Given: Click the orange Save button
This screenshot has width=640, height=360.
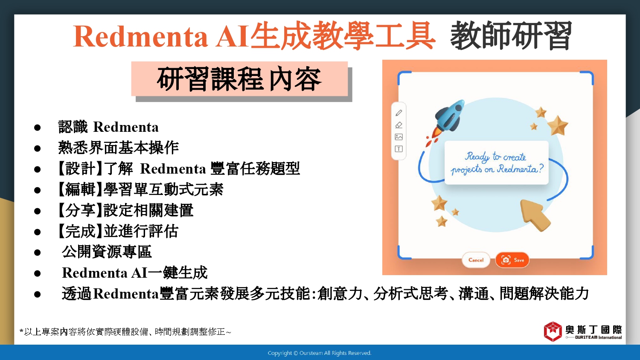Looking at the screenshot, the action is [512, 260].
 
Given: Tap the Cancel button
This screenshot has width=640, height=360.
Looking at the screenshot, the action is [476, 260].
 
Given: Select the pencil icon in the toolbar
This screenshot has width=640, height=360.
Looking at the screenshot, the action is [399, 113].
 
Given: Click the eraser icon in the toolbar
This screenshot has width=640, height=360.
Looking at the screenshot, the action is [399, 125].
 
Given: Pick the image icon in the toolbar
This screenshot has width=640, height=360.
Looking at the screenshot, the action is [399, 137].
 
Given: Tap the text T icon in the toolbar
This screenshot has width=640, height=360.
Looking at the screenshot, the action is [399, 149].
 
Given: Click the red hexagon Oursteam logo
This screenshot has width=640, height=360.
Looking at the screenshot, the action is [553, 331].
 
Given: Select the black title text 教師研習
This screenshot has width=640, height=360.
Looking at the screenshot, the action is [511, 36].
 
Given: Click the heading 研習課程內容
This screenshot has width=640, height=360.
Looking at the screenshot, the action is [239, 79].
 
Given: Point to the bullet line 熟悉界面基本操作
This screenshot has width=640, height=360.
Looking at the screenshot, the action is [118, 148].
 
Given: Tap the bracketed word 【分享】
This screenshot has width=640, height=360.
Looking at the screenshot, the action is [80, 210].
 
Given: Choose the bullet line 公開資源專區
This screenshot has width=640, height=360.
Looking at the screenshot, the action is [107, 252].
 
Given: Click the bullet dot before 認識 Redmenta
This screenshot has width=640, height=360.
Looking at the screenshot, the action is [37, 128].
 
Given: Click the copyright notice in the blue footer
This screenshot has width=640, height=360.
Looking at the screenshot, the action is [320, 353].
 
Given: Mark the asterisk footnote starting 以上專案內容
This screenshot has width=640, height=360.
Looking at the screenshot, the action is [125, 332].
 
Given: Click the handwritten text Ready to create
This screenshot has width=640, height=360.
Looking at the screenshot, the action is [495, 157].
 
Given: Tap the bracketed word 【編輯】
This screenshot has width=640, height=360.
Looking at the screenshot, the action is [80, 189].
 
